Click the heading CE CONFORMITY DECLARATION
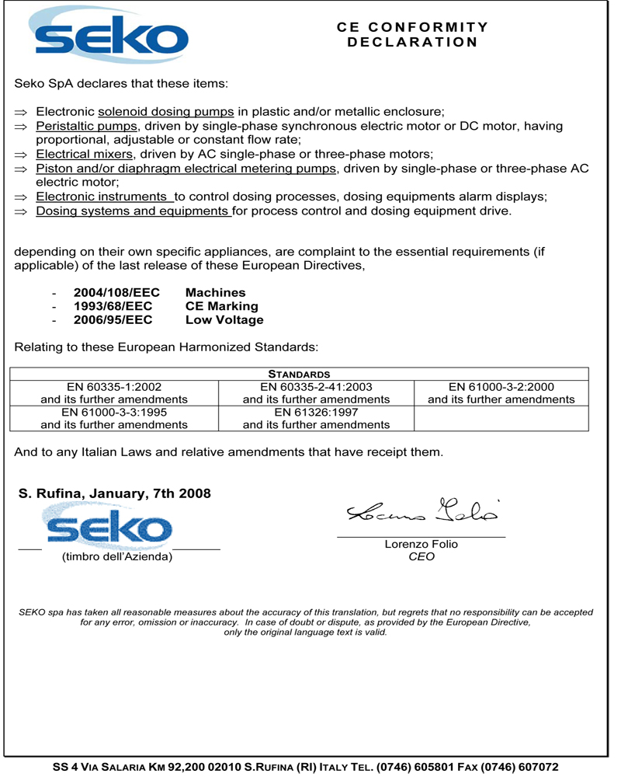click(412, 34)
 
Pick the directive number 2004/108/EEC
click(116, 293)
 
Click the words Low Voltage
click(224, 319)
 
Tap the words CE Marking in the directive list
click(221, 306)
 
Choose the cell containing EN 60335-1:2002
click(114, 392)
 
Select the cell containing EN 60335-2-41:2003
click(317, 392)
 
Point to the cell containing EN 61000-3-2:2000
click(501, 392)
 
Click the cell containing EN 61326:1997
click(317, 418)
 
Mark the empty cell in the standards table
click(501, 418)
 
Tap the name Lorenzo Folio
click(422, 544)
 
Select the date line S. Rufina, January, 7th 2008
click(114, 493)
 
